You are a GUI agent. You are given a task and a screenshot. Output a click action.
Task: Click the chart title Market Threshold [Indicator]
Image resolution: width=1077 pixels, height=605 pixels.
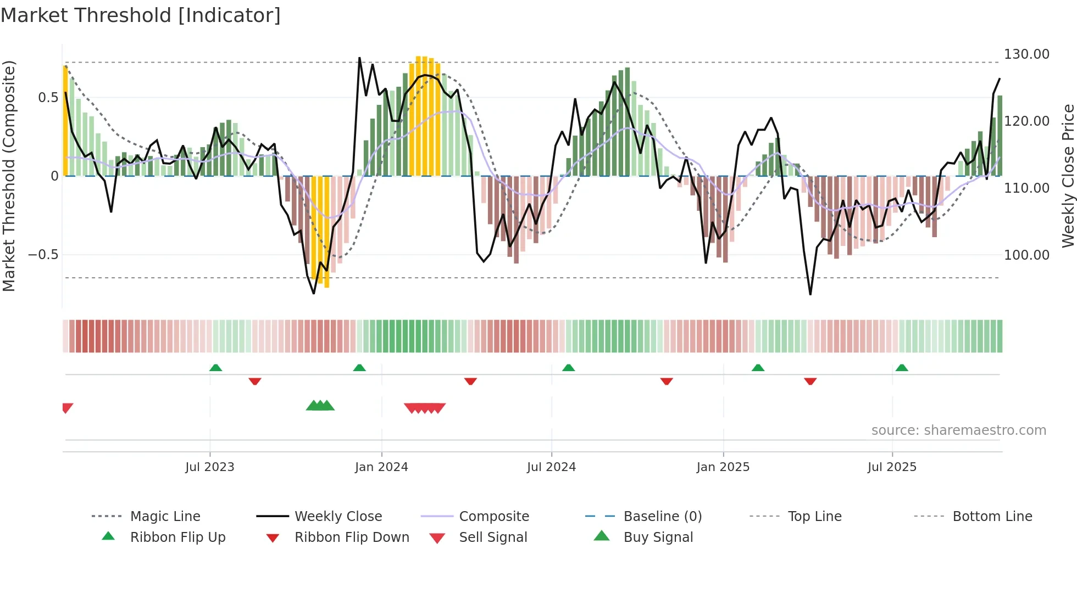(x=141, y=15)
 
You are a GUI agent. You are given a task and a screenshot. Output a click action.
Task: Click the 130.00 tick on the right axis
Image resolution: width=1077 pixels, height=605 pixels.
(x=1026, y=54)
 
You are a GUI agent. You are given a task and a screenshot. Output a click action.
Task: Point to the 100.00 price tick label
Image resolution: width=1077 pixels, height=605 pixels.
(x=1026, y=255)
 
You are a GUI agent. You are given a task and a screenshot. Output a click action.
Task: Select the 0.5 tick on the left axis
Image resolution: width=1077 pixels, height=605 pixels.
(x=48, y=98)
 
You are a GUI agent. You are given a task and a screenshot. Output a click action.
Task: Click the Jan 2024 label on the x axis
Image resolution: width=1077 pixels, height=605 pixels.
(x=381, y=467)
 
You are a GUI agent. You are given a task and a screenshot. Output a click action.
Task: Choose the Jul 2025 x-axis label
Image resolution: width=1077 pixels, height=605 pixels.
(x=892, y=467)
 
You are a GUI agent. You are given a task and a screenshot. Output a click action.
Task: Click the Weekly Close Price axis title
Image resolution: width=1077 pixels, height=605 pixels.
(x=1068, y=176)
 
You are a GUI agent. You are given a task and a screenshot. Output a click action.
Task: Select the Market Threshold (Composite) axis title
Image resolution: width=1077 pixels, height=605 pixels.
(x=9, y=176)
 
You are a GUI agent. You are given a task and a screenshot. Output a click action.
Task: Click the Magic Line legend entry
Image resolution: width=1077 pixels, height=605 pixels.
(x=165, y=517)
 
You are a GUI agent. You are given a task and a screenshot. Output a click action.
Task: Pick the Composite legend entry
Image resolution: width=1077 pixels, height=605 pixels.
(x=493, y=517)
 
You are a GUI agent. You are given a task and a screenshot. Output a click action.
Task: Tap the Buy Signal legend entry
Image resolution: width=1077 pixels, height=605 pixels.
(x=658, y=537)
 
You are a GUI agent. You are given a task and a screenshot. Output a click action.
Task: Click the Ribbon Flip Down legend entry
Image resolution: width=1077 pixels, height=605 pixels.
(x=352, y=537)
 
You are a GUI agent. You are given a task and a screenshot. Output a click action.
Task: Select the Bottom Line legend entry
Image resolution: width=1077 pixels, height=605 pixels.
(x=992, y=517)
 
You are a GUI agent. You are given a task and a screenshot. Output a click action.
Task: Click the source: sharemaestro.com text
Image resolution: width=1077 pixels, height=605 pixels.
(x=958, y=430)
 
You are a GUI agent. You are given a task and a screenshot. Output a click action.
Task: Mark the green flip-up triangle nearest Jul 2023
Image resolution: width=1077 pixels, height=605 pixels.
(x=216, y=368)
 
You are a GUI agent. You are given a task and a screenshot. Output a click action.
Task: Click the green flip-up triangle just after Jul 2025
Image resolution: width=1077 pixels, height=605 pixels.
(x=902, y=368)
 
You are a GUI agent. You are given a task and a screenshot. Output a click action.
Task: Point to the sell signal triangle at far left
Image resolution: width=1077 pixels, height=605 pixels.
(x=67, y=408)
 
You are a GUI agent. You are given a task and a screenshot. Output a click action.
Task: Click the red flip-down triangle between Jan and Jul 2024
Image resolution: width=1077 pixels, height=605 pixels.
(x=470, y=381)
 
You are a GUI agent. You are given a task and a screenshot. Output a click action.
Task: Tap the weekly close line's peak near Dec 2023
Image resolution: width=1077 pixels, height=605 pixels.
(x=359, y=58)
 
